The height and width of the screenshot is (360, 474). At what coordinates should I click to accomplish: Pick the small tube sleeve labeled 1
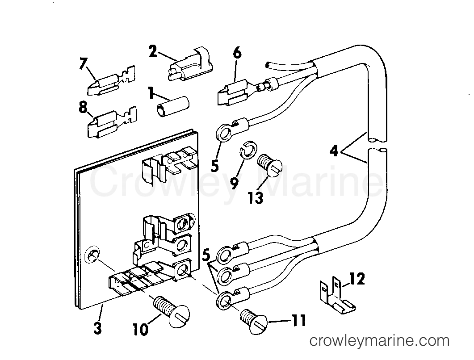tap(172, 109)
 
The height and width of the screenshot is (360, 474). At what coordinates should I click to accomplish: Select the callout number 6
tap(237, 53)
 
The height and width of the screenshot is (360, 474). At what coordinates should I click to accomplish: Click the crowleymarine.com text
tap(380, 341)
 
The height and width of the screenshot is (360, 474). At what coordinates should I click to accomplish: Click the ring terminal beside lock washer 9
tap(222, 132)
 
